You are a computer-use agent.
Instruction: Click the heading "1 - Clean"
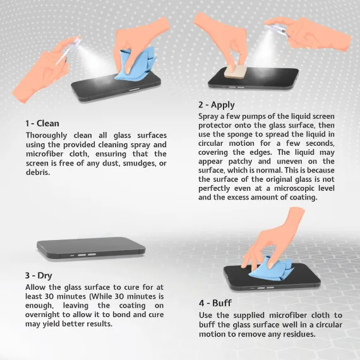[x=42, y=124]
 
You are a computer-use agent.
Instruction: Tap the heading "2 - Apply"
[x=217, y=105]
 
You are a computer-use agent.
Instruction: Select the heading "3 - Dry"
[x=39, y=275]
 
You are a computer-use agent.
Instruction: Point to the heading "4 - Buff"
[x=215, y=303]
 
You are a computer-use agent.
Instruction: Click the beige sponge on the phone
[x=236, y=71]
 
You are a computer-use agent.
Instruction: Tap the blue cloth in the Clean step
[x=135, y=64]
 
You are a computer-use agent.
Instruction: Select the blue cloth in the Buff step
[x=271, y=268]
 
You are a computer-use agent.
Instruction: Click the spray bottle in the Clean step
[x=68, y=51]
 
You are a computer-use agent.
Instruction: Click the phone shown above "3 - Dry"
[x=91, y=248]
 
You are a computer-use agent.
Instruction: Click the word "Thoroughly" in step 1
[x=46, y=135]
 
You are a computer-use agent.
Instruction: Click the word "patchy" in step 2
[x=240, y=162]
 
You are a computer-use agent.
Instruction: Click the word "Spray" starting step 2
[x=208, y=116]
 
